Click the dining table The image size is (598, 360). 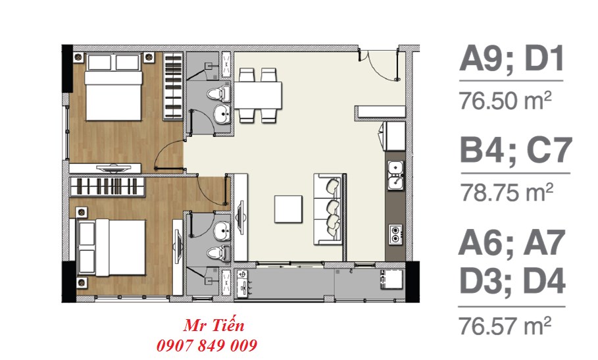258,95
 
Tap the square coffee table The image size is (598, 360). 288,209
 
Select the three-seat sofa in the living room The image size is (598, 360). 329,209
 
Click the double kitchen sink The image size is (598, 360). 396,176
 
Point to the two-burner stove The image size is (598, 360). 395,234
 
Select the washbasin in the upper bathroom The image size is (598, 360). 222,114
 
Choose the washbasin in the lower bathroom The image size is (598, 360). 222,231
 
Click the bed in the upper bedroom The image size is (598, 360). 114,87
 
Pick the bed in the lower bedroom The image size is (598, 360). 111,247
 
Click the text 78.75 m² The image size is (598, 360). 507,192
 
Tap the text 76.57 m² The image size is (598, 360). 506,325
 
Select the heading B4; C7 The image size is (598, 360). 516,150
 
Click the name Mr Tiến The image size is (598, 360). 214,326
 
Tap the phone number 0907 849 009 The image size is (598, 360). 207,346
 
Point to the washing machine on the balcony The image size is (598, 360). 392,280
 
